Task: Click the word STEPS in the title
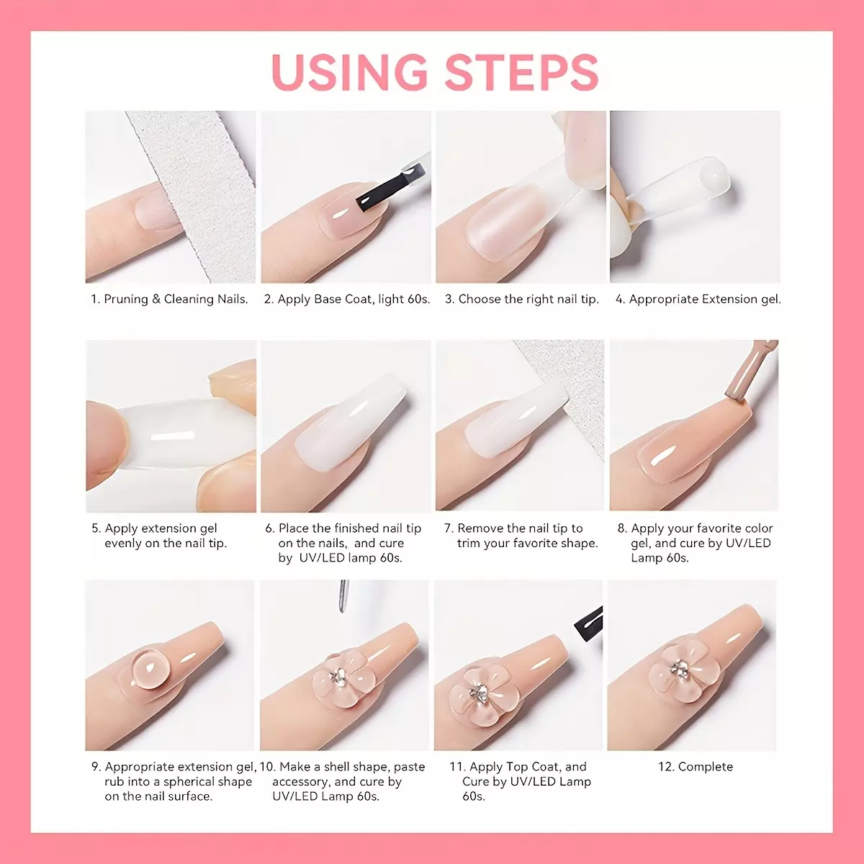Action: (x=521, y=72)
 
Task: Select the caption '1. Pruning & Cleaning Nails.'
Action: (x=169, y=299)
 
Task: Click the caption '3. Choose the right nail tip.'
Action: (x=521, y=299)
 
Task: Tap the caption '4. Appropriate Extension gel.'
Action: (x=698, y=299)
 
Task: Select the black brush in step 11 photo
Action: (x=589, y=624)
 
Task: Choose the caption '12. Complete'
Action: (x=696, y=767)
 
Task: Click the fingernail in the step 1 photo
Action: (x=154, y=211)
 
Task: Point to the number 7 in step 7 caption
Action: (x=447, y=528)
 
